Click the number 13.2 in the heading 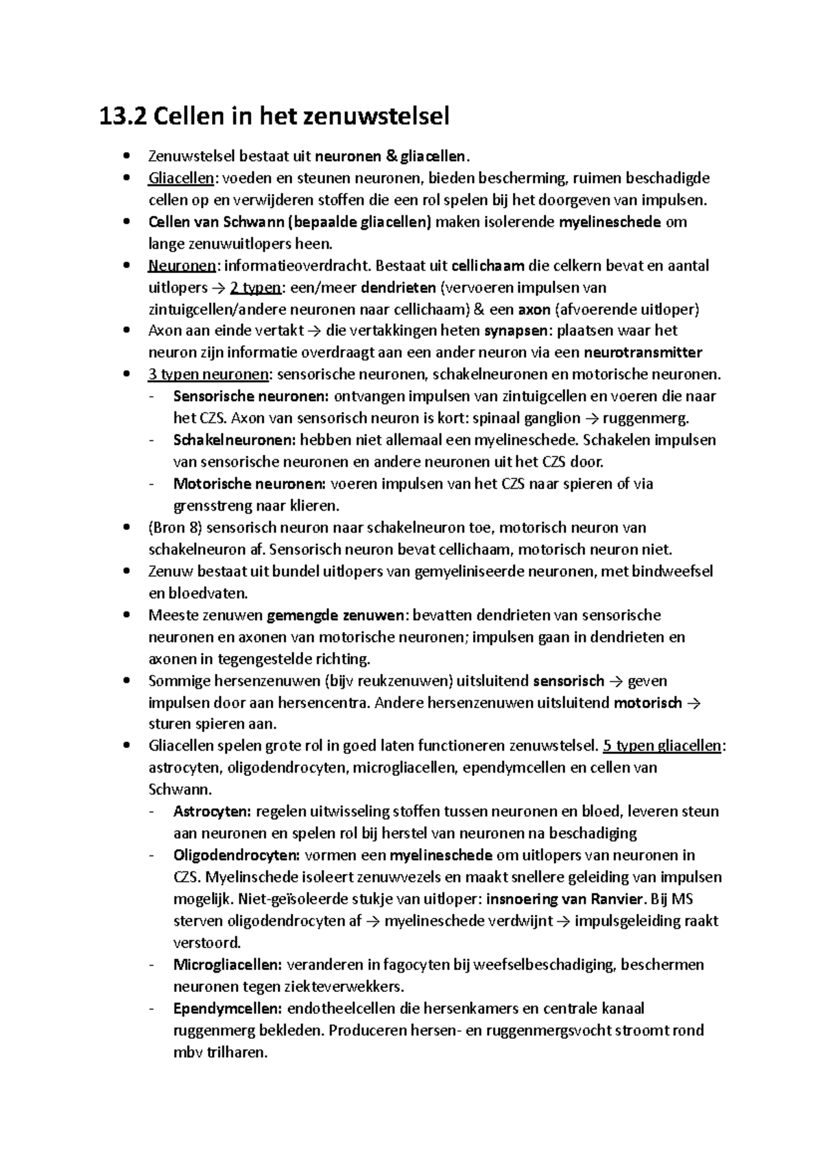pos(123,117)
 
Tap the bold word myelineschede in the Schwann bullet pos(610,222)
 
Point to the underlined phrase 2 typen pos(250,288)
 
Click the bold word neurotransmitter pos(643,354)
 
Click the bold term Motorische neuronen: pos(249,484)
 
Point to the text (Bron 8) pos(175,528)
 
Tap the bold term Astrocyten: pos(212,812)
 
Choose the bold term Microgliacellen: pos(227,965)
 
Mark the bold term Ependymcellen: pos(227,1009)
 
